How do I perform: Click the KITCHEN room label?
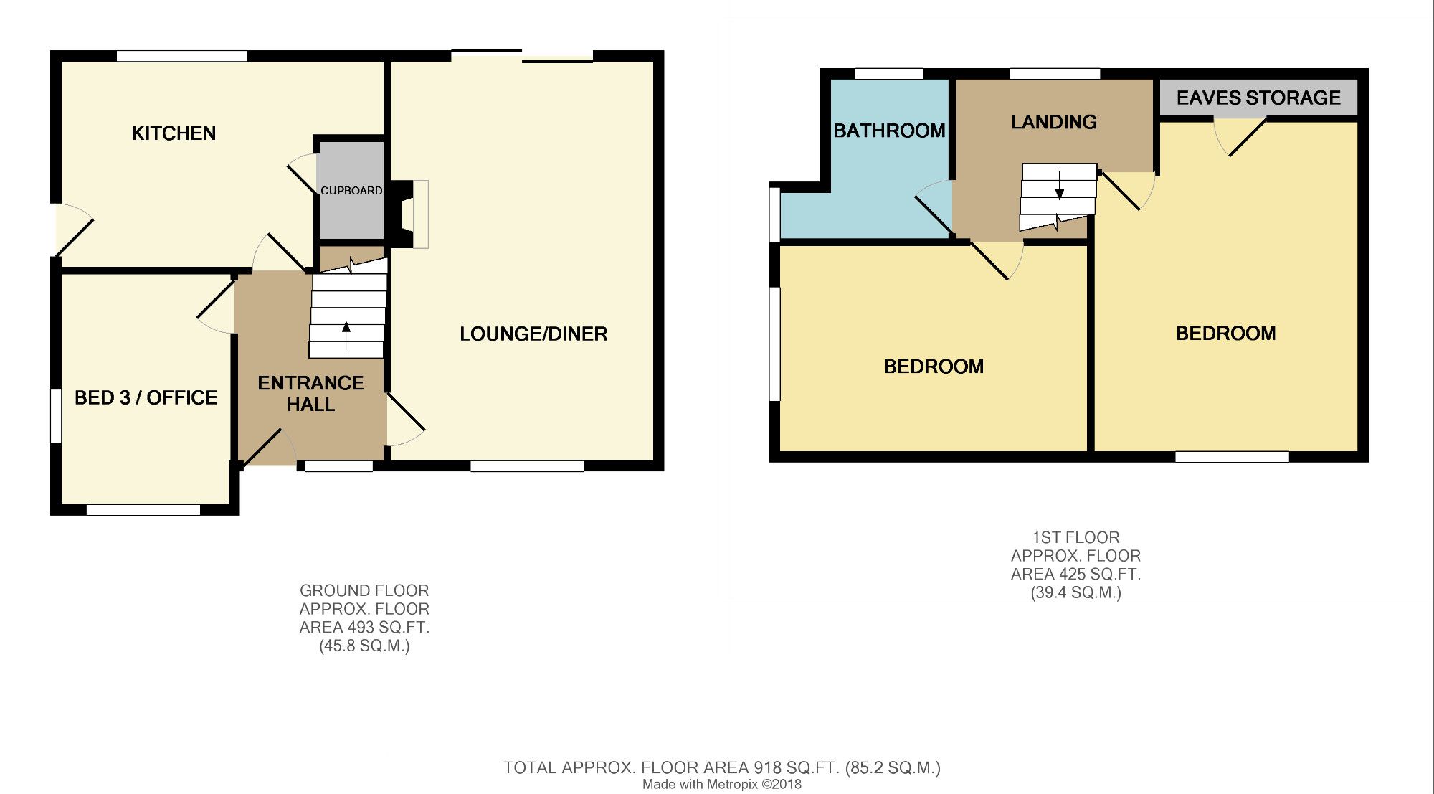[x=174, y=133]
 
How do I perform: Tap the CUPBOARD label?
[x=351, y=191]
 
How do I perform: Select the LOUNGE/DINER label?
[x=533, y=334]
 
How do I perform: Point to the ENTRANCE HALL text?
[x=310, y=394]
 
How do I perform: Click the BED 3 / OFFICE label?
[x=146, y=397]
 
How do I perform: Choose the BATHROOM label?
[x=889, y=131]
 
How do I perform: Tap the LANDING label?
[x=1054, y=122]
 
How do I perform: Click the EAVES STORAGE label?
[x=1258, y=98]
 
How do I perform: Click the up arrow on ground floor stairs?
[x=346, y=336]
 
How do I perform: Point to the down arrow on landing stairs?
[x=1059, y=185]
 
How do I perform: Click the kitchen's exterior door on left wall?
[x=74, y=230]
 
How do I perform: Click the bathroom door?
[x=934, y=208]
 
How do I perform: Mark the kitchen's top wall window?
[x=182, y=56]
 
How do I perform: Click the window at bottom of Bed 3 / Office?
[x=143, y=510]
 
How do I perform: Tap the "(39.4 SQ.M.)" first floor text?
[x=1075, y=593]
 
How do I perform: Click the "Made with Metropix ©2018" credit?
[x=722, y=785]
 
